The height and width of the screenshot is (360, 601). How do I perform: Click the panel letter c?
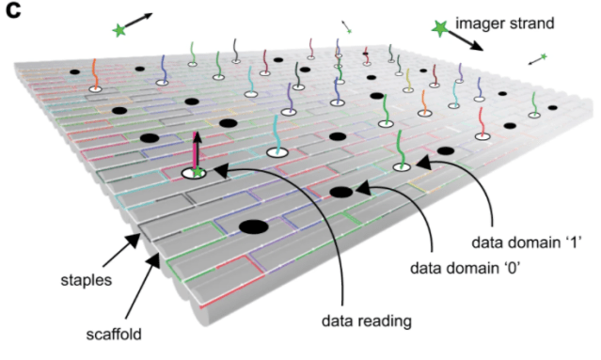coord(13,10)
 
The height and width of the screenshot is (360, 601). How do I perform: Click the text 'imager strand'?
coord(504,23)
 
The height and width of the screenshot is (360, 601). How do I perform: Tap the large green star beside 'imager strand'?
coord(439,28)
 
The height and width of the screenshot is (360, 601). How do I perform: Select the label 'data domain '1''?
coord(527,243)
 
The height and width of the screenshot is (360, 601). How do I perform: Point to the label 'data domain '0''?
coord(465,268)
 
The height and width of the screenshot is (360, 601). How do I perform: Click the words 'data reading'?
coord(367,321)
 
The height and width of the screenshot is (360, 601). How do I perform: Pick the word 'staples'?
coord(87,280)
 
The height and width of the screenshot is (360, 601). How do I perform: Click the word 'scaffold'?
coord(114,335)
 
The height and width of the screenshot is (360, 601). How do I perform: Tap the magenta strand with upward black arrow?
coord(197,150)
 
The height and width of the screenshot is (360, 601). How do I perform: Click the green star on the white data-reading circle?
coord(198,172)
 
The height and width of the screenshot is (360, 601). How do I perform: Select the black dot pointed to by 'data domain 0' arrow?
coord(340,192)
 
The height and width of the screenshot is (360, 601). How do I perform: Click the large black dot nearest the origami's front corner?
coord(253,227)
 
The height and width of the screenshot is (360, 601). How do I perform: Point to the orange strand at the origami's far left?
coord(95,74)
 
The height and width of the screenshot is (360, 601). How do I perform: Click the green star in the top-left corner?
coord(119,30)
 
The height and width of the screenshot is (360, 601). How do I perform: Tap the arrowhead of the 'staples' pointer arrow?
coord(134,240)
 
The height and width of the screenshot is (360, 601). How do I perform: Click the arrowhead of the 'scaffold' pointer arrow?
coord(154,260)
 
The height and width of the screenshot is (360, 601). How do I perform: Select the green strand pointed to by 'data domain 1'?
coord(401,149)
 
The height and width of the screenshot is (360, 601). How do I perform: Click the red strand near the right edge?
coord(481,122)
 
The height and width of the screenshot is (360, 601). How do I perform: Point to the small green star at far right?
coord(544,56)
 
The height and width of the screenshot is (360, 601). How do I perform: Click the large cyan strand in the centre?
coord(276,133)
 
